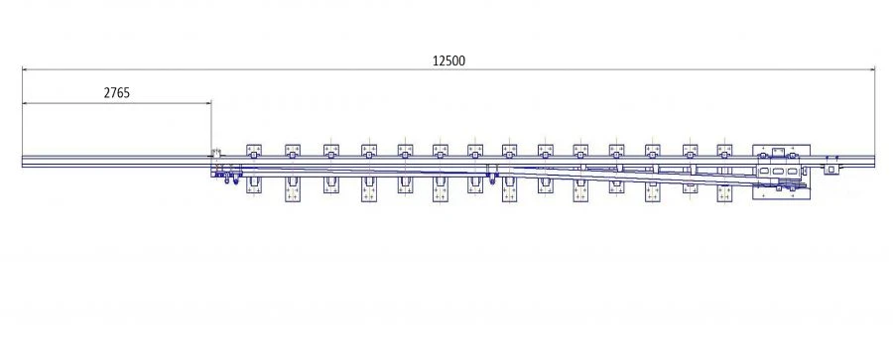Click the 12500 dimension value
coord(448,60)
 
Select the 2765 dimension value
coord(117,92)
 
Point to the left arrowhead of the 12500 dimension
coord(24,69)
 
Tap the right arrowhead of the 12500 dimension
coord(871,69)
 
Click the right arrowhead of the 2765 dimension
coord(208,102)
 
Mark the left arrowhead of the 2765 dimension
coord(24,102)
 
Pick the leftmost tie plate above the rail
coord(253,151)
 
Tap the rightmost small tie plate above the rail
coord(724,151)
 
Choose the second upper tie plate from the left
coord(293,151)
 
